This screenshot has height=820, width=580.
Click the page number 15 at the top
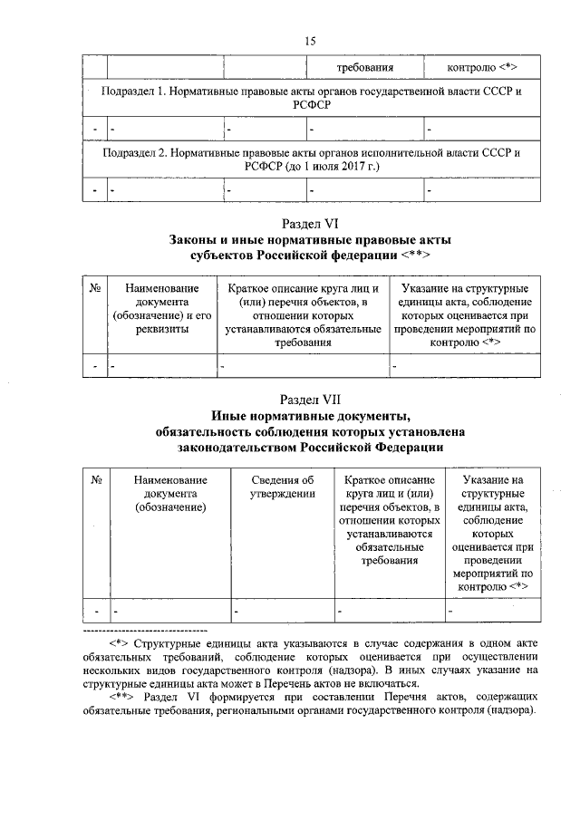pos(310,42)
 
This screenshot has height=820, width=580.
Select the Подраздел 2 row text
pos(310,159)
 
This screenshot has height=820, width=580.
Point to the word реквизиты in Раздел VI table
pos(163,329)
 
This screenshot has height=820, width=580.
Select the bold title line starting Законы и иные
pos(310,240)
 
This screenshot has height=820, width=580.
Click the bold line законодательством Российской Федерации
pos(310,448)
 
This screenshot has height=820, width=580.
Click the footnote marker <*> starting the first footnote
pos(120,642)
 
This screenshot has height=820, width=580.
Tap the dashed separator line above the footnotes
pos(145,629)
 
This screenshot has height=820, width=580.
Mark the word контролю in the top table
pos(471,68)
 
